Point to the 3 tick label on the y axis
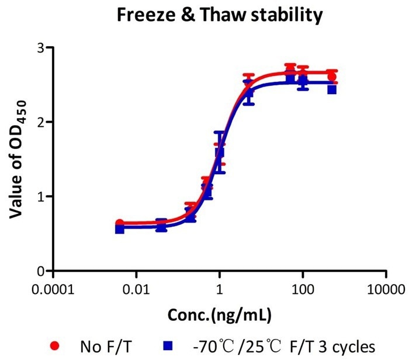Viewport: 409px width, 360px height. [40, 48]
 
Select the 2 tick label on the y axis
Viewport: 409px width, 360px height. [40, 122]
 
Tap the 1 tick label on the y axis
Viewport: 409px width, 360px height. [40, 196]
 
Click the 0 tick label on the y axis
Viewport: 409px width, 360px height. [40, 271]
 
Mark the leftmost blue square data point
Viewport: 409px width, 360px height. [119, 229]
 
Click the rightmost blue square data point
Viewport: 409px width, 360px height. [331, 89]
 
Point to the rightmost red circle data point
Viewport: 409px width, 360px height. [332, 77]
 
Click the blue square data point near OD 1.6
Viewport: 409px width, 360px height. [220, 153]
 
